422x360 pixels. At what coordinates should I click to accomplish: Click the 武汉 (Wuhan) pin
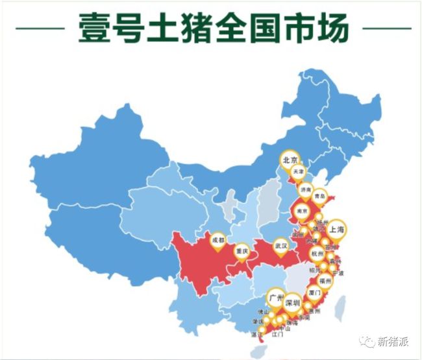coord(280,247)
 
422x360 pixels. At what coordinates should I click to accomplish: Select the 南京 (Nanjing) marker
coord(301,211)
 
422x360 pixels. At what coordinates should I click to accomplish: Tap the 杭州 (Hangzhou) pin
coord(317,254)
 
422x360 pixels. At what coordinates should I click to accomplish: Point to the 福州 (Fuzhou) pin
coord(325,282)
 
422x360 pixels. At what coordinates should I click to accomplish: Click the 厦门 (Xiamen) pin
coord(313,293)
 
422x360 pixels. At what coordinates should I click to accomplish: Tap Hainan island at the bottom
coord(260,348)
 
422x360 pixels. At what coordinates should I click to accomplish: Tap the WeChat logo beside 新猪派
coord(369,341)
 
